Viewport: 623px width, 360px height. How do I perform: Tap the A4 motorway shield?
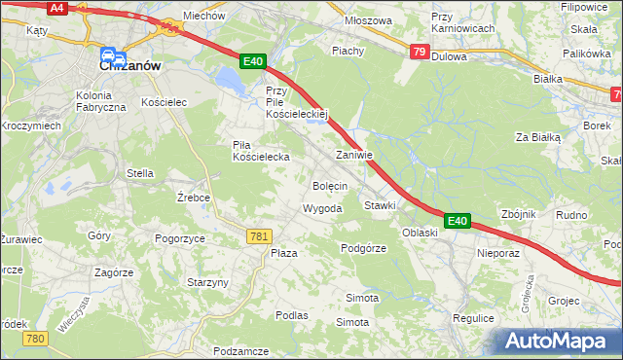click(x=57, y=7)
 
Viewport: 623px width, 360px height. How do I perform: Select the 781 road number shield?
click(x=259, y=236)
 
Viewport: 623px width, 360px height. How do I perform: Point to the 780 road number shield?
click(x=35, y=338)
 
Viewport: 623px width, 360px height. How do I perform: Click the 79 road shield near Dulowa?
click(x=419, y=52)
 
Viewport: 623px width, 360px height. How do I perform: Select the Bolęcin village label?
click(x=330, y=184)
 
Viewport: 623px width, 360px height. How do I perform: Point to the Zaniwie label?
click(x=354, y=155)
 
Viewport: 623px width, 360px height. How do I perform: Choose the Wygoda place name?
click(x=322, y=209)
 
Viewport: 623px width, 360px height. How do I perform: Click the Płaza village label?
click(x=283, y=253)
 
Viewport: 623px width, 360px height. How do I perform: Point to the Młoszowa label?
click(x=369, y=20)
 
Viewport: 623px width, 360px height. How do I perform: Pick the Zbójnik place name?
click(x=515, y=214)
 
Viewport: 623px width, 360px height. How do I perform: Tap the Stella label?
click(x=140, y=173)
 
